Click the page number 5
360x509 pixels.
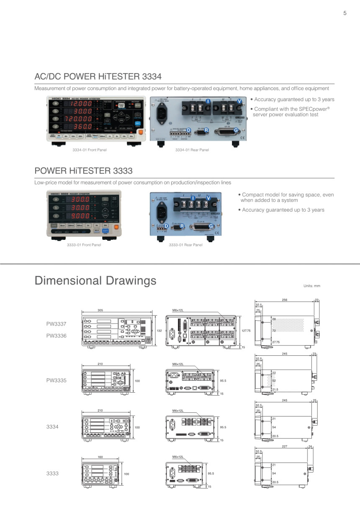345,13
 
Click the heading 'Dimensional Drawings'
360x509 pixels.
95,280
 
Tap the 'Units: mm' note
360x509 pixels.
311,286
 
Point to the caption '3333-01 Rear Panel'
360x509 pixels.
185,245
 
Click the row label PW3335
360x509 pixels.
56,380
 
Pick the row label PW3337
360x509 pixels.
56,324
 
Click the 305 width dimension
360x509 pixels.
100,311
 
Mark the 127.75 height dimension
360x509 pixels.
246,331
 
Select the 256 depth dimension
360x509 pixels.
285,300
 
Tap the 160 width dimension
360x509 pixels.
100,457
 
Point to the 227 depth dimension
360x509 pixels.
285,447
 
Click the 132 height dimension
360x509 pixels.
159,331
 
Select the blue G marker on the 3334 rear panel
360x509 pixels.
236,130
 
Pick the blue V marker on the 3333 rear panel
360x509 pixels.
208,198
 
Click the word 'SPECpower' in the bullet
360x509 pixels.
306,109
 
